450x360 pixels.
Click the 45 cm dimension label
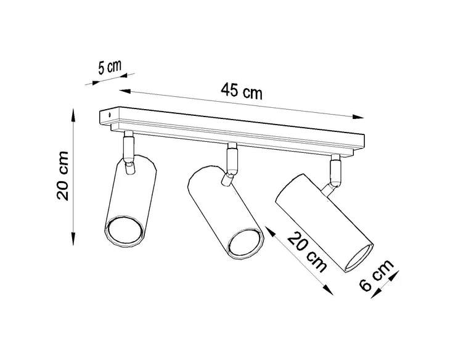pos(242,91)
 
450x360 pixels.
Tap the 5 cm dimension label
pos(110,67)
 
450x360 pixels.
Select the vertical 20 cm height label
pos(62,175)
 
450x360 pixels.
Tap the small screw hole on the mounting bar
pos(110,115)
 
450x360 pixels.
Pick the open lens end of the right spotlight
pos(359,258)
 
